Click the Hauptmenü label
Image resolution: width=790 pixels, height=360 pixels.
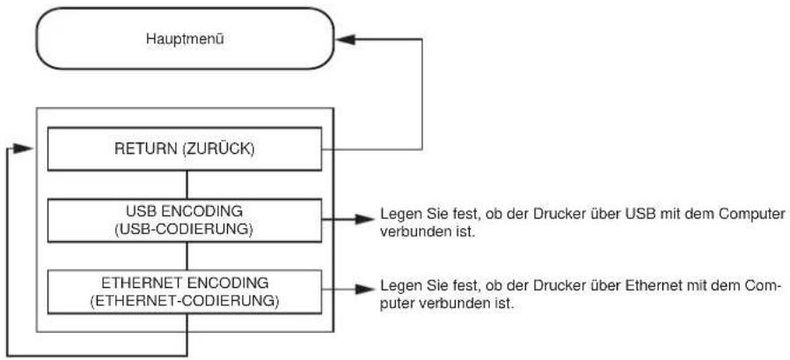point(185,40)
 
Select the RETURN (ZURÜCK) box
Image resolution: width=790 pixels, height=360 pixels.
point(185,149)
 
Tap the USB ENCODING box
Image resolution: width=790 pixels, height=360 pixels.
point(185,220)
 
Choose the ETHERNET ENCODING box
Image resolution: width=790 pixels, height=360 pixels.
point(185,292)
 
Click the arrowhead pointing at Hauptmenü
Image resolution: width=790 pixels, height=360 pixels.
point(346,40)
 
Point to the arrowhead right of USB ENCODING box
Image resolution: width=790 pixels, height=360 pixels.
point(363,219)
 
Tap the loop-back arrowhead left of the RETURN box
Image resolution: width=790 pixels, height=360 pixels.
point(23,149)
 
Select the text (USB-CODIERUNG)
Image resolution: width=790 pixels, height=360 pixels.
point(184,230)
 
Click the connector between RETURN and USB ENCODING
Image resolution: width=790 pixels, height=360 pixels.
point(187,185)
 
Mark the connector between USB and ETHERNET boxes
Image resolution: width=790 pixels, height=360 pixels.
point(187,256)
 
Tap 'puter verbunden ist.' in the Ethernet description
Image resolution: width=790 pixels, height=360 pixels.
point(447,305)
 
